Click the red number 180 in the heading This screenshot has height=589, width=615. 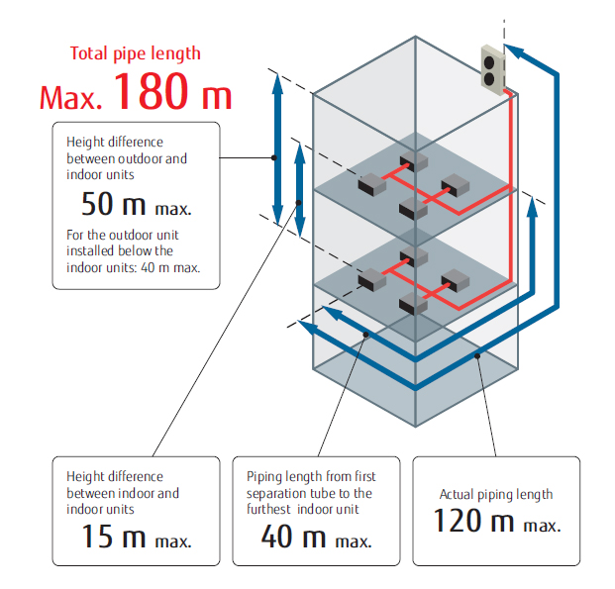[x=151, y=91]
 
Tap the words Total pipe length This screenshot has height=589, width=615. [x=136, y=53]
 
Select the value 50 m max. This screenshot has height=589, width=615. [x=136, y=204]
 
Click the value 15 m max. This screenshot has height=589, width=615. [x=136, y=537]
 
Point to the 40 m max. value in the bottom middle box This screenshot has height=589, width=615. [x=316, y=537]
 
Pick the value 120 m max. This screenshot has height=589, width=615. [x=497, y=521]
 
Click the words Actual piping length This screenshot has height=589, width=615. [x=496, y=495]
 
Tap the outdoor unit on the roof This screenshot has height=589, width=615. [x=493, y=70]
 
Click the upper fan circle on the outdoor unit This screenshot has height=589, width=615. [x=489, y=62]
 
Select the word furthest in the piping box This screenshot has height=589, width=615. [x=268, y=509]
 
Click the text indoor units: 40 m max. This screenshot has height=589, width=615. [x=134, y=267]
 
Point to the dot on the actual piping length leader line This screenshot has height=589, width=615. [x=477, y=356]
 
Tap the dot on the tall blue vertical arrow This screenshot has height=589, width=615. [x=274, y=157]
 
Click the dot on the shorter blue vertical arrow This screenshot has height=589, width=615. [x=298, y=203]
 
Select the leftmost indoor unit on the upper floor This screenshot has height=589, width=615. [x=371, y=184]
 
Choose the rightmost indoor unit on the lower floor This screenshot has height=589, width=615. [x=456, y=280]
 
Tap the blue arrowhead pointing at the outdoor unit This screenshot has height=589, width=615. [x=514, y=51]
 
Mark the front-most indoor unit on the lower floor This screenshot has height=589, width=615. [x=413, y=304]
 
